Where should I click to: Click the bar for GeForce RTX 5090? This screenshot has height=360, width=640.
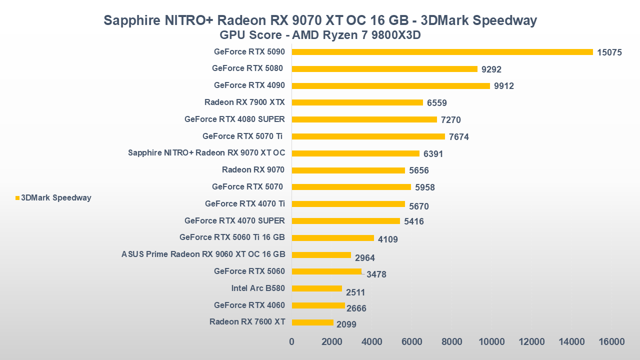coord(442,52)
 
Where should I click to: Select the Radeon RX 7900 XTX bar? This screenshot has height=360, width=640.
coord(357,102)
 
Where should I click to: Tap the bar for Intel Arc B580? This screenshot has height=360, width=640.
coord(316,288)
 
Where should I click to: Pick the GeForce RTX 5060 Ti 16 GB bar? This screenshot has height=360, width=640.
coord(332,238)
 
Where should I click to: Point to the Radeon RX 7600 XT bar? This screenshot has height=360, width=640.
coord(312,322)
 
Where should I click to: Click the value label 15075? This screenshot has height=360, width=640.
coord(609,52)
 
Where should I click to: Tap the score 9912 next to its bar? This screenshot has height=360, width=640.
coord(504,86)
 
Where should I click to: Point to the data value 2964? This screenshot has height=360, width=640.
coord(365,258)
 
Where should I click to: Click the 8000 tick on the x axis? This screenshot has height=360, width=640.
coord(451,341)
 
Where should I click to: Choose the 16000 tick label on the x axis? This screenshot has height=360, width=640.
coord(611,341)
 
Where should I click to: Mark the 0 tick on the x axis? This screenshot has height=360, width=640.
coord(292,341)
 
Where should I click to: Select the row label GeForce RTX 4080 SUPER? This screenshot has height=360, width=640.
coord(234,119)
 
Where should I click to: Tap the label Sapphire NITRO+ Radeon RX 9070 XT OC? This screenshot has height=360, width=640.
coord(206,153)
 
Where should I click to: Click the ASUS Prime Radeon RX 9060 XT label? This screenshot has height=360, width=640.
coord(203,254)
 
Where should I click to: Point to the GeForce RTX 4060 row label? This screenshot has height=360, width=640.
coord(249,305)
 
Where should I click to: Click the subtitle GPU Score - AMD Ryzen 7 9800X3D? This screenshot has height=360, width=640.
coord(320,35)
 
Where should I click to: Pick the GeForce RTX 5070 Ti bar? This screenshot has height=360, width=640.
coord(368,136)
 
